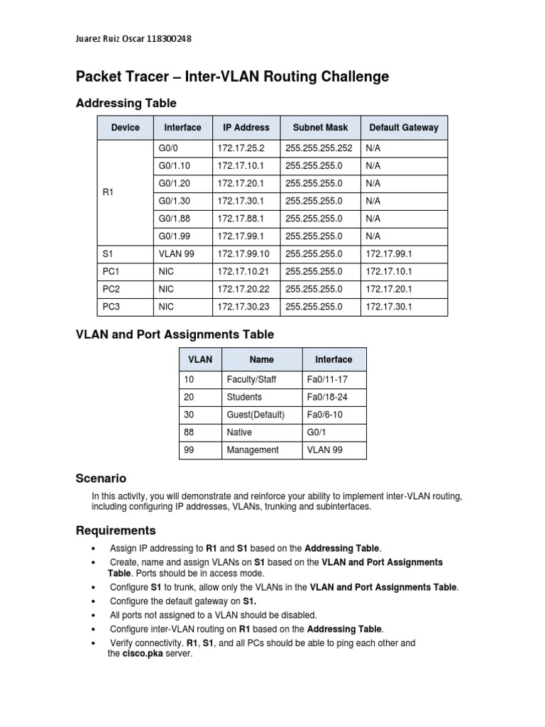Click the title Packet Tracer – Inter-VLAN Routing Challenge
tap(232, 77)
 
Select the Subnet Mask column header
tap(320, 128)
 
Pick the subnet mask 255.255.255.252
tap(319, 148)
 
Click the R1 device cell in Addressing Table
tap(109, 192)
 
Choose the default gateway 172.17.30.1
tap(388, 307)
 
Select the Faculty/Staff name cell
tap(251, 380)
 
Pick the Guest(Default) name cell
tap(255, 415)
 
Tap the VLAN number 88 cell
tap(189, 432)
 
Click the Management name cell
tap(253, 450)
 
